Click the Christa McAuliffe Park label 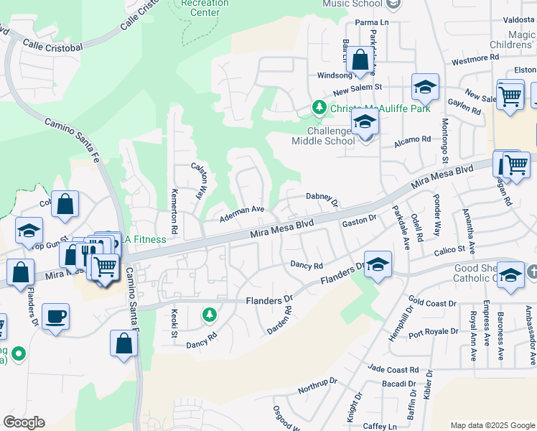pyautogui.click(x=370, y=108)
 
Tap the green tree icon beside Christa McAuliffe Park pyautogui.click(x=319, y=108)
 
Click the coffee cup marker pyautogui.click(x=56, y=316)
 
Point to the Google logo pyautogui.click(x=24, y=422)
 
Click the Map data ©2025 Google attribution pyautogui.click(x=492, y=425)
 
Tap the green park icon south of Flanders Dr pyautogui.click(x=209, y=315)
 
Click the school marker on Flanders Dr pyautogui.click(x=378, y=265)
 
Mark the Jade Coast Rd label pyautogui.click(x=393, y=369)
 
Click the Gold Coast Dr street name pyautogui.click(x=432, y=301)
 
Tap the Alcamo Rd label pyautogui.click(x=412, y=142)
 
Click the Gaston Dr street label pyautogui.click(x=359, y=221)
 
